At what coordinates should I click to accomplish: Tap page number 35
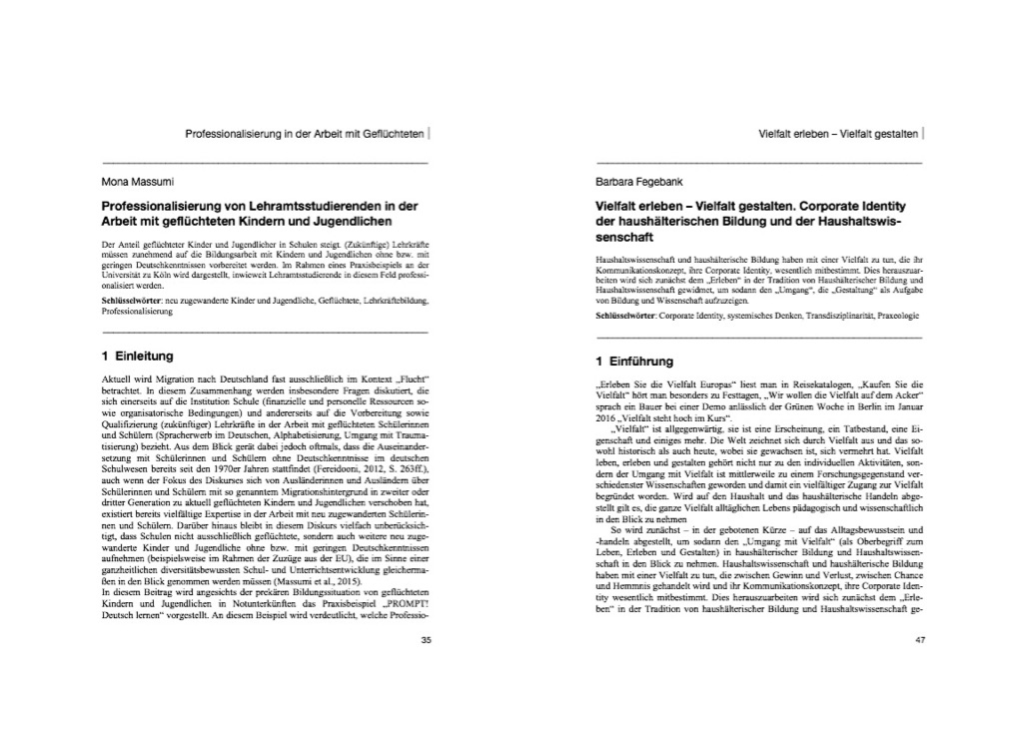coord(426,638)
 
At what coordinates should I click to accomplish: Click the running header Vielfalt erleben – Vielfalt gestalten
coord(838,132)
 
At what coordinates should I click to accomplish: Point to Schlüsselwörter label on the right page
coord(628,316)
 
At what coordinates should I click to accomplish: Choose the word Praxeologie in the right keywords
coord(891,316)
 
